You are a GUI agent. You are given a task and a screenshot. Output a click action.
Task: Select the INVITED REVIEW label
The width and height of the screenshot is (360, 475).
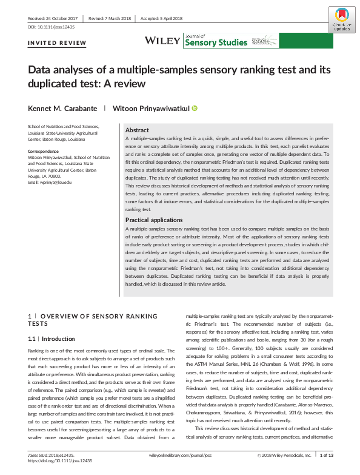tap(57, 43)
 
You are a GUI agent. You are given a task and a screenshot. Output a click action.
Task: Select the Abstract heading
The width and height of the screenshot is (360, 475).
tap(137, 130)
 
